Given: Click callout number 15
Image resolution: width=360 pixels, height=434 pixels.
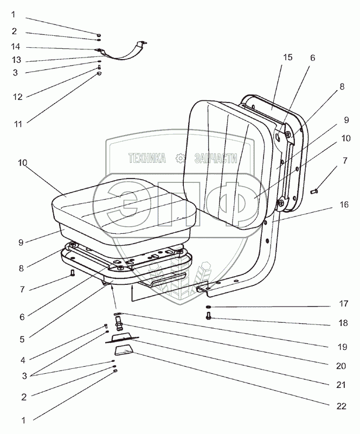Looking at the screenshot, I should click(287, 57).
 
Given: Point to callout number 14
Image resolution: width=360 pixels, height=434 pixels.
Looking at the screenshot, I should click(16, 47).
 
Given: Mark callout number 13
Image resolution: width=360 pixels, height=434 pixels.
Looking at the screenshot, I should click(16, 59).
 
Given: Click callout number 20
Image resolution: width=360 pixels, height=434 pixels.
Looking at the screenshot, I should click(340, 366).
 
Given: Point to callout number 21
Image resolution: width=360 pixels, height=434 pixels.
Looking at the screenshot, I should click(342, 385).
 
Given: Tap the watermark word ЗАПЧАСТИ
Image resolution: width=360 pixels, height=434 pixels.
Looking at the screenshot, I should click(216, 158).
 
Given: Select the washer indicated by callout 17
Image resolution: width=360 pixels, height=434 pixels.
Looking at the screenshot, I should click(209, 308).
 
